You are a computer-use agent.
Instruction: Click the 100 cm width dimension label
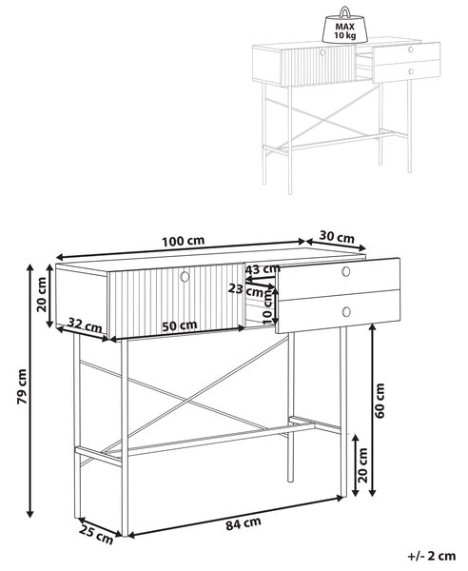[x=183, y=241]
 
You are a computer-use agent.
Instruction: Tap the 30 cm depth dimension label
[x=337, y=237]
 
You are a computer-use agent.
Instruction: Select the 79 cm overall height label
[x=22, y=386]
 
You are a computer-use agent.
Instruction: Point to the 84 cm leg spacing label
[x=244, y=524]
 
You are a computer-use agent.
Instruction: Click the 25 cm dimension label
[x=96, y=535]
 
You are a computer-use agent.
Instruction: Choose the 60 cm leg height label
[x=380, y=401]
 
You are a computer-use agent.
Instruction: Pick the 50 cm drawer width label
[x=180, y=325]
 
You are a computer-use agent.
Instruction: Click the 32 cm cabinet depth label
[x=86, y=325]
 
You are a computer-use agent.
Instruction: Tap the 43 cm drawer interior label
[x=263, y=269]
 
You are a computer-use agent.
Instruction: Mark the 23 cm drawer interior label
[x=246, y=290]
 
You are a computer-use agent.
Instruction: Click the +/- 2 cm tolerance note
[x=432, y=556]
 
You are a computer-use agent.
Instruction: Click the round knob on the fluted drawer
[x=185, y=276]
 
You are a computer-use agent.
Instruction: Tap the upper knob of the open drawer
[x=346, y=271]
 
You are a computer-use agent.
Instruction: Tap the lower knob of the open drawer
[x=346, y=312]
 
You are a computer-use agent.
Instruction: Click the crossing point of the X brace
[x=187, y=401]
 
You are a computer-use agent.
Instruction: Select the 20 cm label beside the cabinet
[x=42, y=295]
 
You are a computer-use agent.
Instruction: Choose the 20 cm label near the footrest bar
[x=363, y=465]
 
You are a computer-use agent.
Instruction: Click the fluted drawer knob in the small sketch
[x=322, y=52]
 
